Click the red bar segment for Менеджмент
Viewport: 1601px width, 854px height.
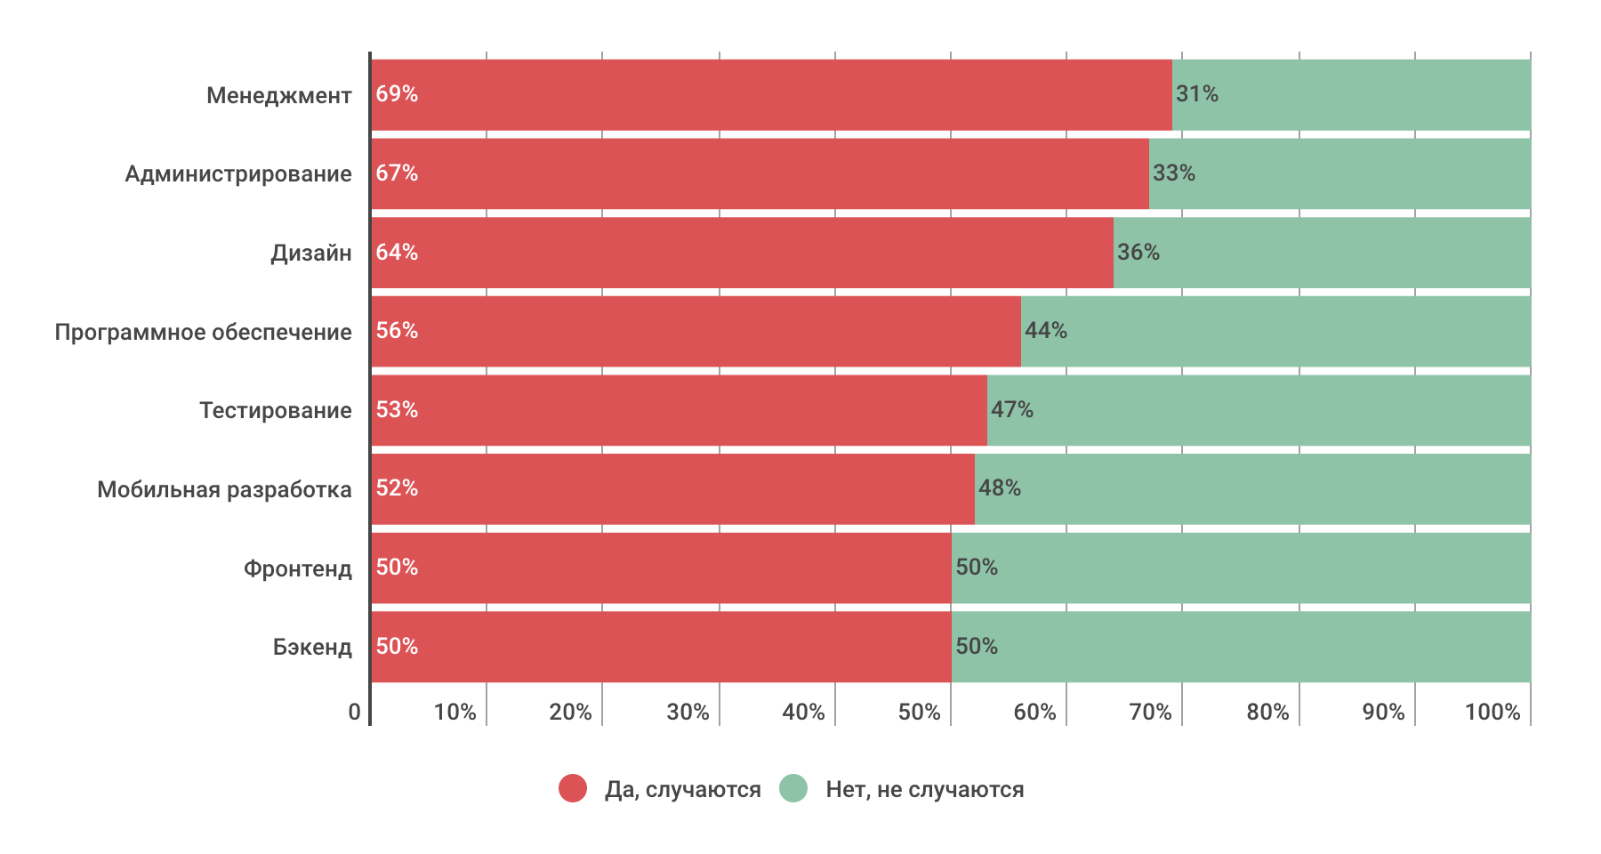(x=771, y=94)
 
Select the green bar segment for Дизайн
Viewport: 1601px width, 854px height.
(x=1322, y=253)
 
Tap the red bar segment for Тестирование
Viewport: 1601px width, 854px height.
(x=679, y=410)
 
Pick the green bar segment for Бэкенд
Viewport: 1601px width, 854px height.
(x=1241, y=647)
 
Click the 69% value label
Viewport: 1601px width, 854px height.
(x=397, y=94)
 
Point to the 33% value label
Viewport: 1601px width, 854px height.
(x=1174, y=173)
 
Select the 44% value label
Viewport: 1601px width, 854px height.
(x=1046, y=331)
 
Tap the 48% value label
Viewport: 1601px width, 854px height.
(x=1000, y=488)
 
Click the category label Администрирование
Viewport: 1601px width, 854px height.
(x=238, y=173)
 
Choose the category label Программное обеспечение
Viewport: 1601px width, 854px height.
(x=204, y=332)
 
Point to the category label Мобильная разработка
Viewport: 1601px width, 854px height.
(x=224, y=489)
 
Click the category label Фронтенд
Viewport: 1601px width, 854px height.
(x=298, y=568)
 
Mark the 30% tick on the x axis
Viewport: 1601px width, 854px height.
(x=688, y=712)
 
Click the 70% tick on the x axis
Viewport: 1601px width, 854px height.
(x=1151, y=712)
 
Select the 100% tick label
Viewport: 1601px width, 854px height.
(x=1492, y=712)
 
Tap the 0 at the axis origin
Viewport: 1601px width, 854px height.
(x=355, y=712)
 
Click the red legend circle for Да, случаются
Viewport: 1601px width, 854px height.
(x=573, y=788)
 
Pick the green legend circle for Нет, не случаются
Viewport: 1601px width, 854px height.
(x=793, y=788)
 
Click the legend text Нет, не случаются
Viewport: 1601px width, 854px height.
(x=925, y=789)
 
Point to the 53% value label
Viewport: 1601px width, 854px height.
(x=397, y=410)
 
